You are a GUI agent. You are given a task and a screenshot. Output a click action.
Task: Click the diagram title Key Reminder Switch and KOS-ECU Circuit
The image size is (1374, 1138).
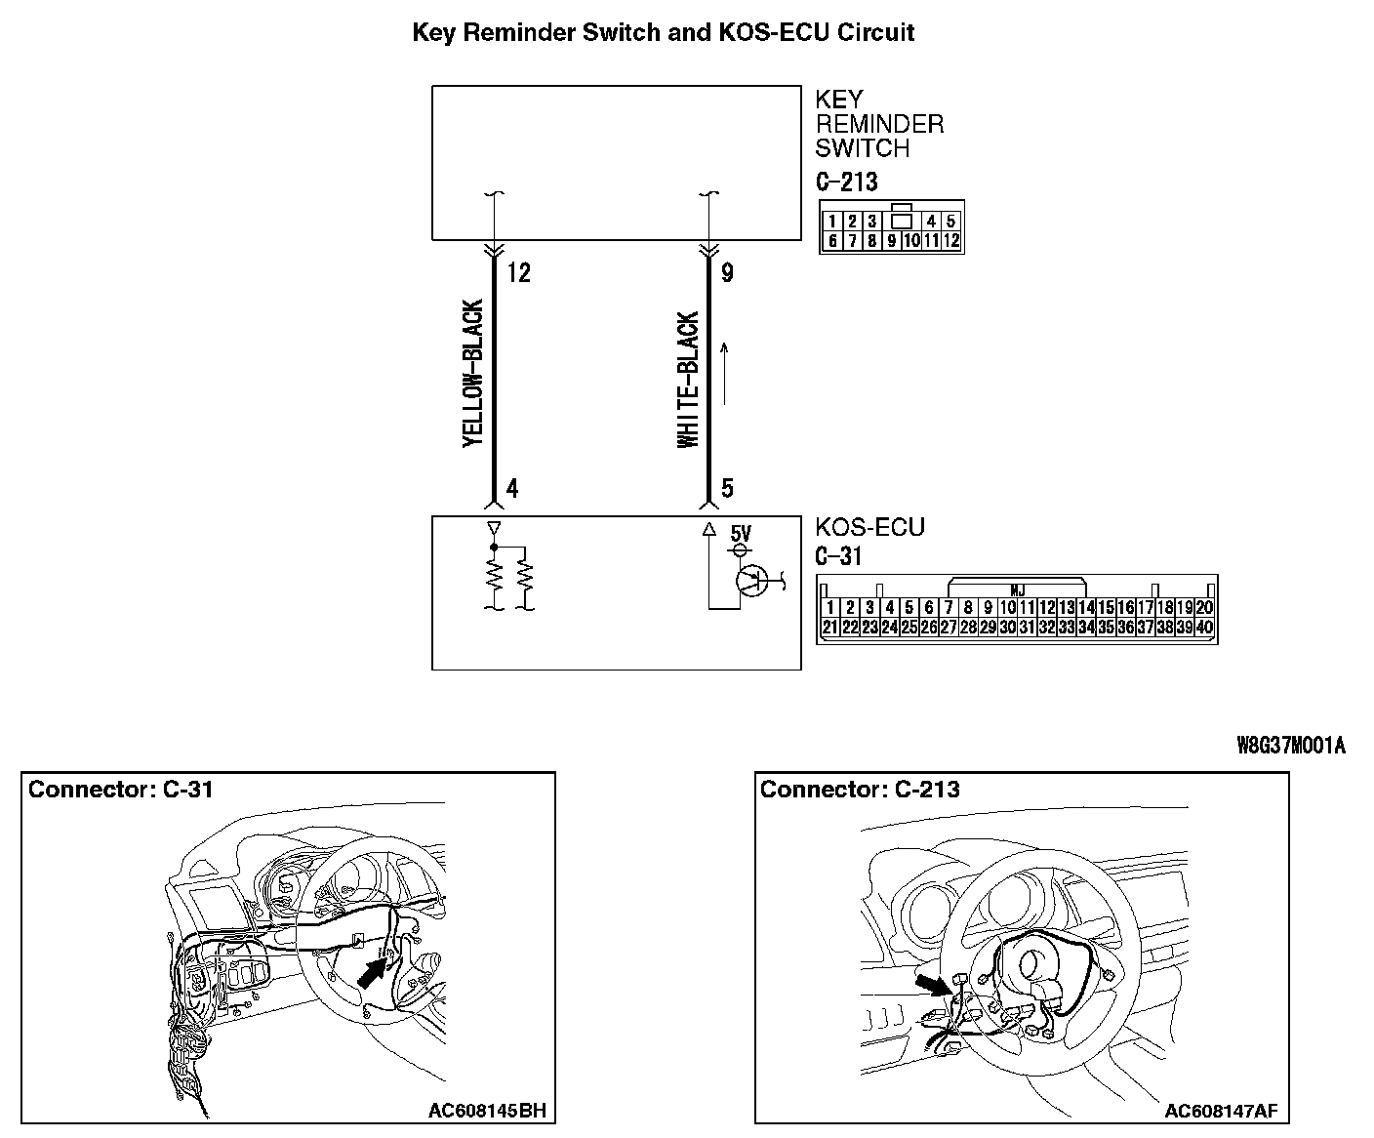click(x=663, y=32)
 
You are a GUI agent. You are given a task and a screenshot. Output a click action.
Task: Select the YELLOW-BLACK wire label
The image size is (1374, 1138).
click(x=473, y=374)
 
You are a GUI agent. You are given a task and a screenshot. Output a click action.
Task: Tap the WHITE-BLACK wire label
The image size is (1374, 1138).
click(x=689, y=381)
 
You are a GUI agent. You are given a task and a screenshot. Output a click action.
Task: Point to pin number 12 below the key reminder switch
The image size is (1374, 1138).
click(x=519, y=273)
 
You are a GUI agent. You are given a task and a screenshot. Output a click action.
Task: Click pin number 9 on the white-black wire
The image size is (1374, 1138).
click(x=727, y=273)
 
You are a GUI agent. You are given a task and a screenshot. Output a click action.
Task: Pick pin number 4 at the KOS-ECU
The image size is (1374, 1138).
click(x=512, y=488)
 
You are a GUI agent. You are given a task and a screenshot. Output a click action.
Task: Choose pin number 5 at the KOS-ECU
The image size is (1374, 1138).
click(x=727, y=488)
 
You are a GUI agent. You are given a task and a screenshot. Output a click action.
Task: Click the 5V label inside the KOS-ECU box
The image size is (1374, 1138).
click(x=742, y=534)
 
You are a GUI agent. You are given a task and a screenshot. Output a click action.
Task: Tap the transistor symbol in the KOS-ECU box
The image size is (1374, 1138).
click(x=752, y=581)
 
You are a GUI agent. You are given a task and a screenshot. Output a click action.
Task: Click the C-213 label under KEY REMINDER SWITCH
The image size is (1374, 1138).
click(x=846, y=183)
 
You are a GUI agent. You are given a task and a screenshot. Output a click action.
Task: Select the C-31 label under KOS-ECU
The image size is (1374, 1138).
click(x=838, y=556)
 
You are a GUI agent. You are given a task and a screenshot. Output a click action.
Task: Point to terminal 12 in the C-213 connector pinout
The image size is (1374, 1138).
click(x=951, y=241)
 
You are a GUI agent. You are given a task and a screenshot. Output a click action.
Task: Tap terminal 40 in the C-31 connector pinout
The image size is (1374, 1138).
click(x=1204, y=628)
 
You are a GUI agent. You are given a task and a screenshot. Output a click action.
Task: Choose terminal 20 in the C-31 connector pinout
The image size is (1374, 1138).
click(x=1204, y=608)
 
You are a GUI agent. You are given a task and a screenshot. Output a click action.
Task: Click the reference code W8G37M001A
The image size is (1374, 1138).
click(x=1291, y=746)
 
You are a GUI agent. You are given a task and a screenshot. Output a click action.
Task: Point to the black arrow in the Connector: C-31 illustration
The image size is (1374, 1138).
click(x=375, y=971)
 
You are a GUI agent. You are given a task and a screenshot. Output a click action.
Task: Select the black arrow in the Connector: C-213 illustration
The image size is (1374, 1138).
click(x=933, y=984)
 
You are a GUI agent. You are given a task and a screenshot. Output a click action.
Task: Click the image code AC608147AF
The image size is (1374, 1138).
click(x=1221, y=1111)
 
